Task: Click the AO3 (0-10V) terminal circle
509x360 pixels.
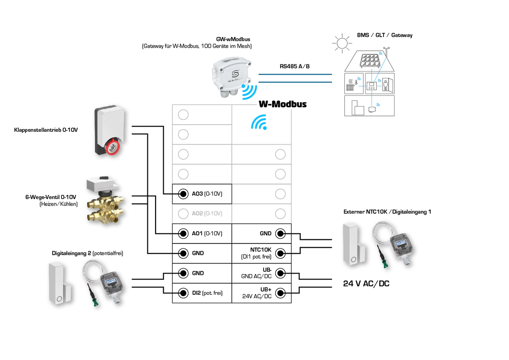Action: pos(183,194)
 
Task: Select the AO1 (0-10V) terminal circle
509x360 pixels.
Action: pos(183,234)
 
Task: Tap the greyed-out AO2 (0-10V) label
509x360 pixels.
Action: pos(207,214)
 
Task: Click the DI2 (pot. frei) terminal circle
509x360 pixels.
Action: pos(183,293)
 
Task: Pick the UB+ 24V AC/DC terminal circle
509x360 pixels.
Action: pos(280,293)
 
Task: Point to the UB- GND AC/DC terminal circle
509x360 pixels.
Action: pos(280,273)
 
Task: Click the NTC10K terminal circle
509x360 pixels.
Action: pos(280,253)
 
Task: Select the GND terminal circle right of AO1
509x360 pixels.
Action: pos(280,234)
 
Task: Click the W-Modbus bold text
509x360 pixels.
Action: pos(282,104)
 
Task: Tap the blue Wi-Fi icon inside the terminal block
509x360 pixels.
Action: pos(259,122)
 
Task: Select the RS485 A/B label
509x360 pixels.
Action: pos(295,66)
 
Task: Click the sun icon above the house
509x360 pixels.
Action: pos(341,43)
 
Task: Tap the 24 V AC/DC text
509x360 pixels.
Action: pos(366,283)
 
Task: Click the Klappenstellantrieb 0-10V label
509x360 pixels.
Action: pos(46,130)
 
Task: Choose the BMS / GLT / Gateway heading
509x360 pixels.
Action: pos(384,35)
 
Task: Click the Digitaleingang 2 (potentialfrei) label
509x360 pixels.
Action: pos(87,253)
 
